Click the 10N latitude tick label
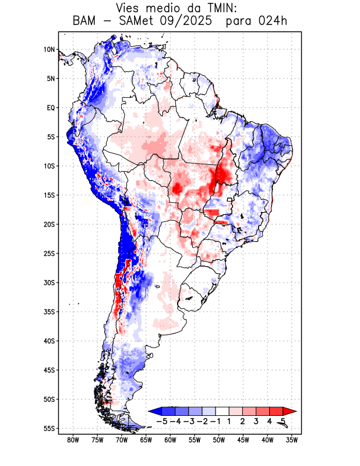click(x=49, y=50)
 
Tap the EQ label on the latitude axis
click(x=51, y=108)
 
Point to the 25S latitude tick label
click(x=49, y=253)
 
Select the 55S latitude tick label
click(x=49, y=428)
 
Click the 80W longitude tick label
click(x=73, y=440)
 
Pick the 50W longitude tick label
click(x=218, y=440)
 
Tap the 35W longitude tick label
click(x=292, y=440)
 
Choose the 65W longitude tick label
click(x=146, y=440)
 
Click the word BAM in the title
click(x=86, y=22)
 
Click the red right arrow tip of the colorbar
click(x=292, y=411)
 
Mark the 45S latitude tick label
click(x=49, y=370)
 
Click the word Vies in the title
click(x=130, y=8)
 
